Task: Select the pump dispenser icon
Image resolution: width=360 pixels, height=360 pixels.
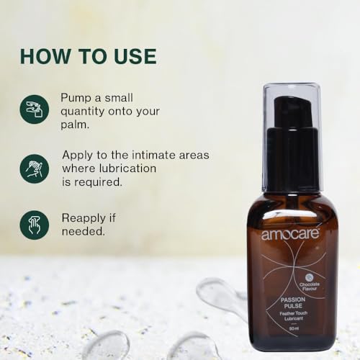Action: (x=35, y=109)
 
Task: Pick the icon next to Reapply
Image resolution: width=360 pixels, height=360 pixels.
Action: (x=35, y=225)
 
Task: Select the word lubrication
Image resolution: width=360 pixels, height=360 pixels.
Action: (x=130, y=168)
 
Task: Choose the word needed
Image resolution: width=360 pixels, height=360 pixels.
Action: (x=82, y=231)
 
